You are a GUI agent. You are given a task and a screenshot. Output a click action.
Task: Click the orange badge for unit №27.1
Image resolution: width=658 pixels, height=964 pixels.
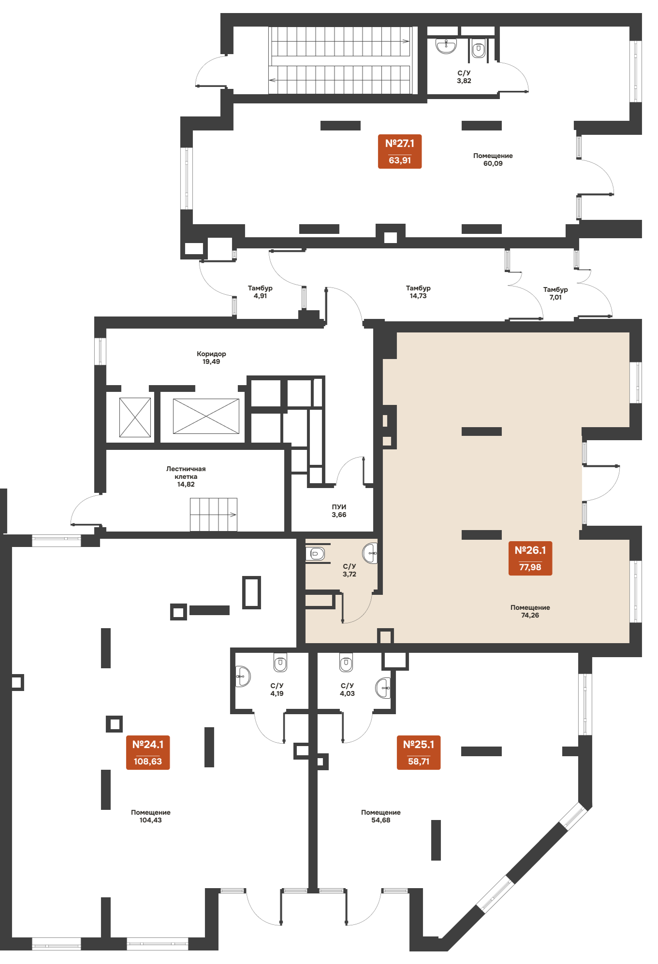coord(400,151)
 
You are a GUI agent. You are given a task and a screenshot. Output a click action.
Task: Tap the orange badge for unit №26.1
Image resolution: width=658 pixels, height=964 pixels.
coord(530,558)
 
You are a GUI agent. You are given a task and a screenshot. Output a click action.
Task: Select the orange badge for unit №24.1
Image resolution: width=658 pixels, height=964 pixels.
coord(148,752)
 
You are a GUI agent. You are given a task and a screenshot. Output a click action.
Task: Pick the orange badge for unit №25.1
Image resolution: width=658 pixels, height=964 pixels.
coord(419,752)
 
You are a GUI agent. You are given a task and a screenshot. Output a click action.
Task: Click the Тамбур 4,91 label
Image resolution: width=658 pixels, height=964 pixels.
coord(260,292)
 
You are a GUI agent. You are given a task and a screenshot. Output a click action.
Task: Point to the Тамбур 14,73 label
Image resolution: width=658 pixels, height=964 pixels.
coord(418,292)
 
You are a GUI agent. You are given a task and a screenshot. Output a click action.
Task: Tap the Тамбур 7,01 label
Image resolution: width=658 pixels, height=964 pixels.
coord(556,293)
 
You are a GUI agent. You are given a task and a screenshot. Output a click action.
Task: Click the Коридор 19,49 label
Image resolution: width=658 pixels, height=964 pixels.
coord(211,358)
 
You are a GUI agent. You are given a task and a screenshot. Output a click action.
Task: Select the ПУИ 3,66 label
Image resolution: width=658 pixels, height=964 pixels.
coord(339,511)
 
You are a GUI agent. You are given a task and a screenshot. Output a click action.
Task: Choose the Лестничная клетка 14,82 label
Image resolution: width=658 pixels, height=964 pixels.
coord(186,476)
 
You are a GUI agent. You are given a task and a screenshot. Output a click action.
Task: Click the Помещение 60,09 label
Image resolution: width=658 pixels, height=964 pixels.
coord(493,159)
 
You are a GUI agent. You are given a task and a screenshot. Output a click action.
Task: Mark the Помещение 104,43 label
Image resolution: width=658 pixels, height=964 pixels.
coord(151,816)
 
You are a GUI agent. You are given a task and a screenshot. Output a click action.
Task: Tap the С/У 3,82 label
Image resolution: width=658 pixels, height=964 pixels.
coord(464,77)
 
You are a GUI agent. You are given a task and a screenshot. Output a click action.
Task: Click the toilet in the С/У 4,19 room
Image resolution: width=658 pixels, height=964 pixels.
coord(280,662)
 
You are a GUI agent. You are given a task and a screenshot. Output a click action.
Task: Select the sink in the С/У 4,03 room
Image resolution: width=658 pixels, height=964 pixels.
coord(383,688)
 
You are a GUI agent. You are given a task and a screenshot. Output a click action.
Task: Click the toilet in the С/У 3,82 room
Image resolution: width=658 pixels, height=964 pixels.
coord(479,49)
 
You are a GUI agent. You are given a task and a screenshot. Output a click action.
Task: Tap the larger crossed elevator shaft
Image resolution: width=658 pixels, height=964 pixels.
coord(206,416)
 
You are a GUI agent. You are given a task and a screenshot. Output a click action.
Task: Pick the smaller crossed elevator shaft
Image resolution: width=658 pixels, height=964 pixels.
coord(135,417)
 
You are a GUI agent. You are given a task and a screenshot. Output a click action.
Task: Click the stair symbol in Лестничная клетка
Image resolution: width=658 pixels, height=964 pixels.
coord(213,515)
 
